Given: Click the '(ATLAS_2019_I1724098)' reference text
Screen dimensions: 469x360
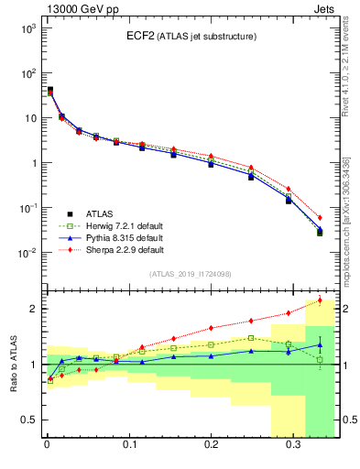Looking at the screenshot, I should pos(190,274).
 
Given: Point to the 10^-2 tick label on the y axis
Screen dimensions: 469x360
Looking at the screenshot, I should pos(26,253).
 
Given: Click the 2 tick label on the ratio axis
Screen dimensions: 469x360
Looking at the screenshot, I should pos(31,309).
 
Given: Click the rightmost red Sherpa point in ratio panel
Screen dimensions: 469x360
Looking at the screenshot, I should pos(320,300).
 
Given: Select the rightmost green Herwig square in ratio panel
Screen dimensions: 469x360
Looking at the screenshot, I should pos(320,359).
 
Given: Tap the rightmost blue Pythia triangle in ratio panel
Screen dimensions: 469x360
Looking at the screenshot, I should pos(320,345).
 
